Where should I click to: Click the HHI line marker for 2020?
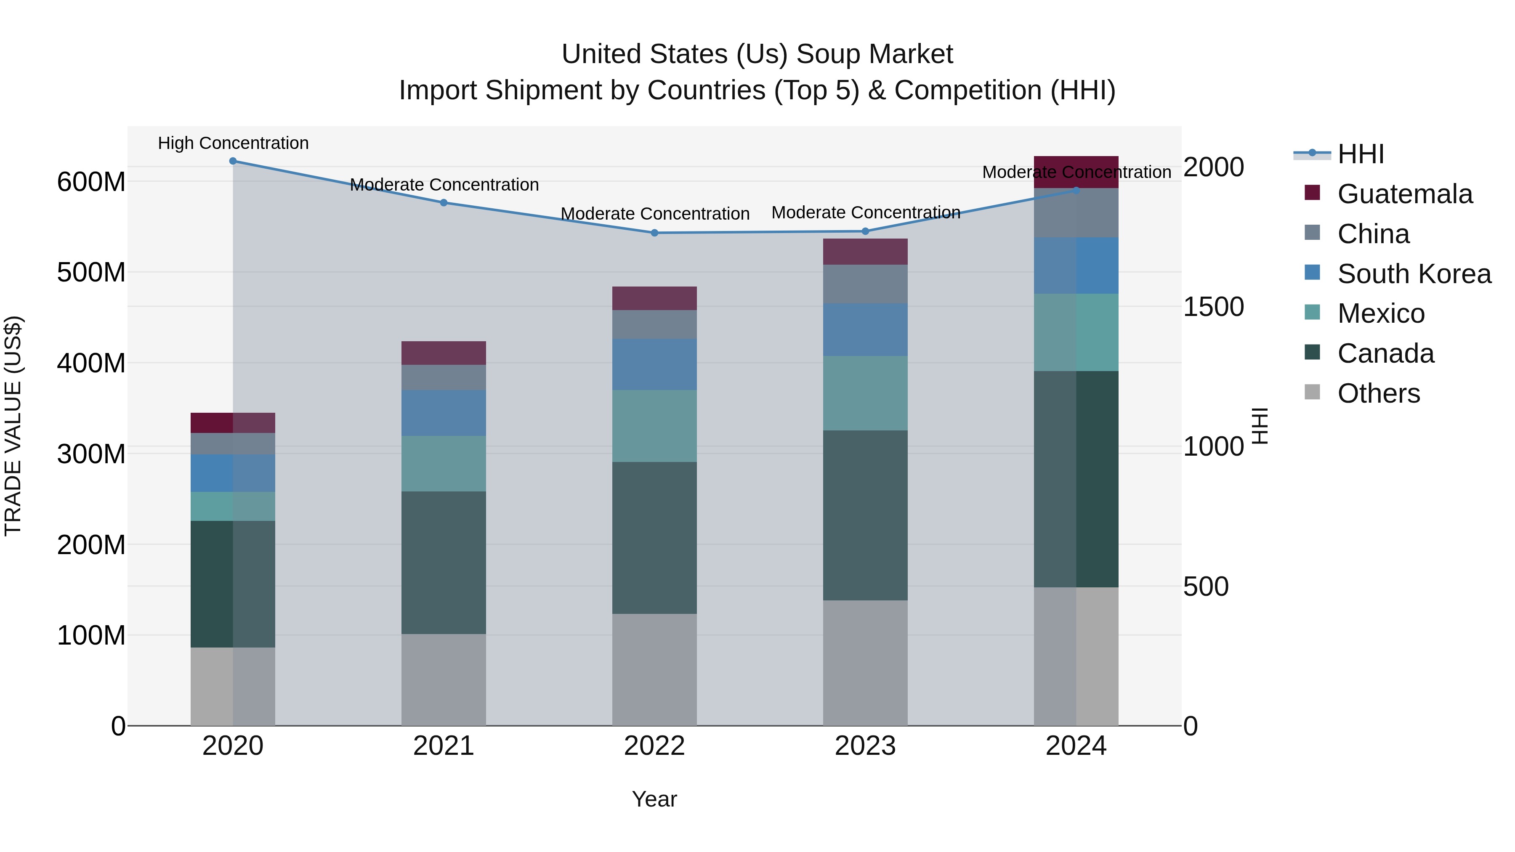click(x=233, y=161)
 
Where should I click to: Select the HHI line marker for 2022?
click(x=654, y=233)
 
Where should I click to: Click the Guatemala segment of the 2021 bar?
click(x=444, y=353)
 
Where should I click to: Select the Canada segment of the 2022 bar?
click(x=654, y=538)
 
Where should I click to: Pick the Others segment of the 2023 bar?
click(x=865, y=663)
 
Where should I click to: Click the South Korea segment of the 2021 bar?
click(x=444, y=413)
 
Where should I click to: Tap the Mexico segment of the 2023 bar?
click(x=865, y=393)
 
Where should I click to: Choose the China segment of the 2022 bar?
click(x=654, y=324)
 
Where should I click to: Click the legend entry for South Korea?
click(x=1414, y=274)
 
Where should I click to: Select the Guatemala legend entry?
click(x=1404, y=194)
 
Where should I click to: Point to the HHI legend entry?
click(x=1360, y=154)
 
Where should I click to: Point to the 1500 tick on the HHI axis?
click(x=1213, y=307)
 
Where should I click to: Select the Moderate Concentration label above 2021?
click(x=444, y=185)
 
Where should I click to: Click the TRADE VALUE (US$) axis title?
click(x=13, y=426)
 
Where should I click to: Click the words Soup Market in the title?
click(x=874, y=54)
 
